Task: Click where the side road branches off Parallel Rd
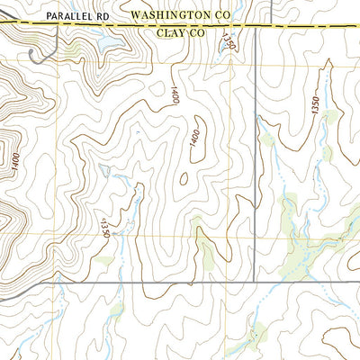click(x=58, y=26)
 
